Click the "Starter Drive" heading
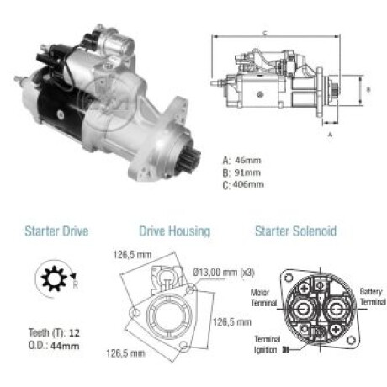56,231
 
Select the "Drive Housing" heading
175,231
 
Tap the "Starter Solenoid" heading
295,231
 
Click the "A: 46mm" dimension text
241,161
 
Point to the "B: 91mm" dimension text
241,172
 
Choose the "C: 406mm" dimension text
243,185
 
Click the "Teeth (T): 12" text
54,333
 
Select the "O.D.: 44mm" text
54,346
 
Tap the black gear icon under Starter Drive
54,278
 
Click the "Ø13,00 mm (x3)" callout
224,273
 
